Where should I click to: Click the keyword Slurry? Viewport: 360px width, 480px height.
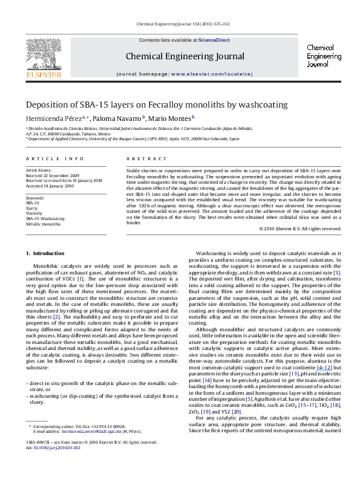32,208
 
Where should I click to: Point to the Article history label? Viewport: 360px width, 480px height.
38,171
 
